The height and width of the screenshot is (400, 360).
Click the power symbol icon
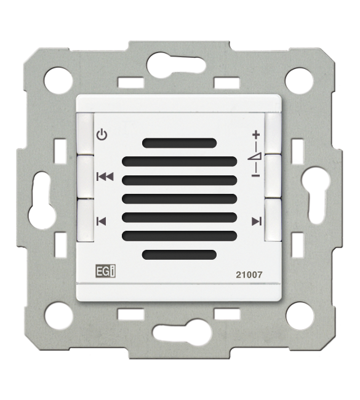[x=102, y=135]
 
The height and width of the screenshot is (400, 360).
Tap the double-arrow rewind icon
[x=105, y=177]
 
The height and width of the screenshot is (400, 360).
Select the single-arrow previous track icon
[x=102, y=221]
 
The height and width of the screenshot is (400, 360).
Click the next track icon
[x=257, y=221]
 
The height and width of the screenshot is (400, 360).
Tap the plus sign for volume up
[x=256, y=134]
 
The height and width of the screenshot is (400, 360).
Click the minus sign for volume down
[x=255, y=175]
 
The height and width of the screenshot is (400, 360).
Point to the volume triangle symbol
[x=255, y=156]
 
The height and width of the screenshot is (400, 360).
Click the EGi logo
[x=106, y=271]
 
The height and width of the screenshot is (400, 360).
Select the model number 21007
[x=249, y=274]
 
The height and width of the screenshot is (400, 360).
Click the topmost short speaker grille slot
[x=179, y=143]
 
